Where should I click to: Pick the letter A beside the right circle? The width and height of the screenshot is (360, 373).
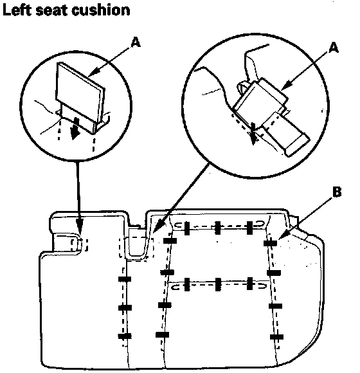(334, 48)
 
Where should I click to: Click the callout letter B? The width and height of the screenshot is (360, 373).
(337, 192)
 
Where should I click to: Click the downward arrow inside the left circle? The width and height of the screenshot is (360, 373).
(76, 127)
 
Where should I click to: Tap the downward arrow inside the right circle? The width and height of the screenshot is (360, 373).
(253, 134)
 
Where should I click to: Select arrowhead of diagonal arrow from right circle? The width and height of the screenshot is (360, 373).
(157, 226)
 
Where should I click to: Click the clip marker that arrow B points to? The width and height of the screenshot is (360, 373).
(271, 243)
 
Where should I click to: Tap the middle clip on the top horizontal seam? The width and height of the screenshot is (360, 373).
(217, 228)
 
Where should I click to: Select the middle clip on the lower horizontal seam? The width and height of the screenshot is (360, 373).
(217, 284)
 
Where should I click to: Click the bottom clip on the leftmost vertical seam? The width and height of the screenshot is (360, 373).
(125, 336)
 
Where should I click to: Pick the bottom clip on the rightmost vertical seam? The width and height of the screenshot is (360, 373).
(276, 336)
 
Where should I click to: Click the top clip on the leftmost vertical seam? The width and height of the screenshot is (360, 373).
(125, 279)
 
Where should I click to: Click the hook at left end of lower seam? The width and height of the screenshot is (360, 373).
(176, 287)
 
